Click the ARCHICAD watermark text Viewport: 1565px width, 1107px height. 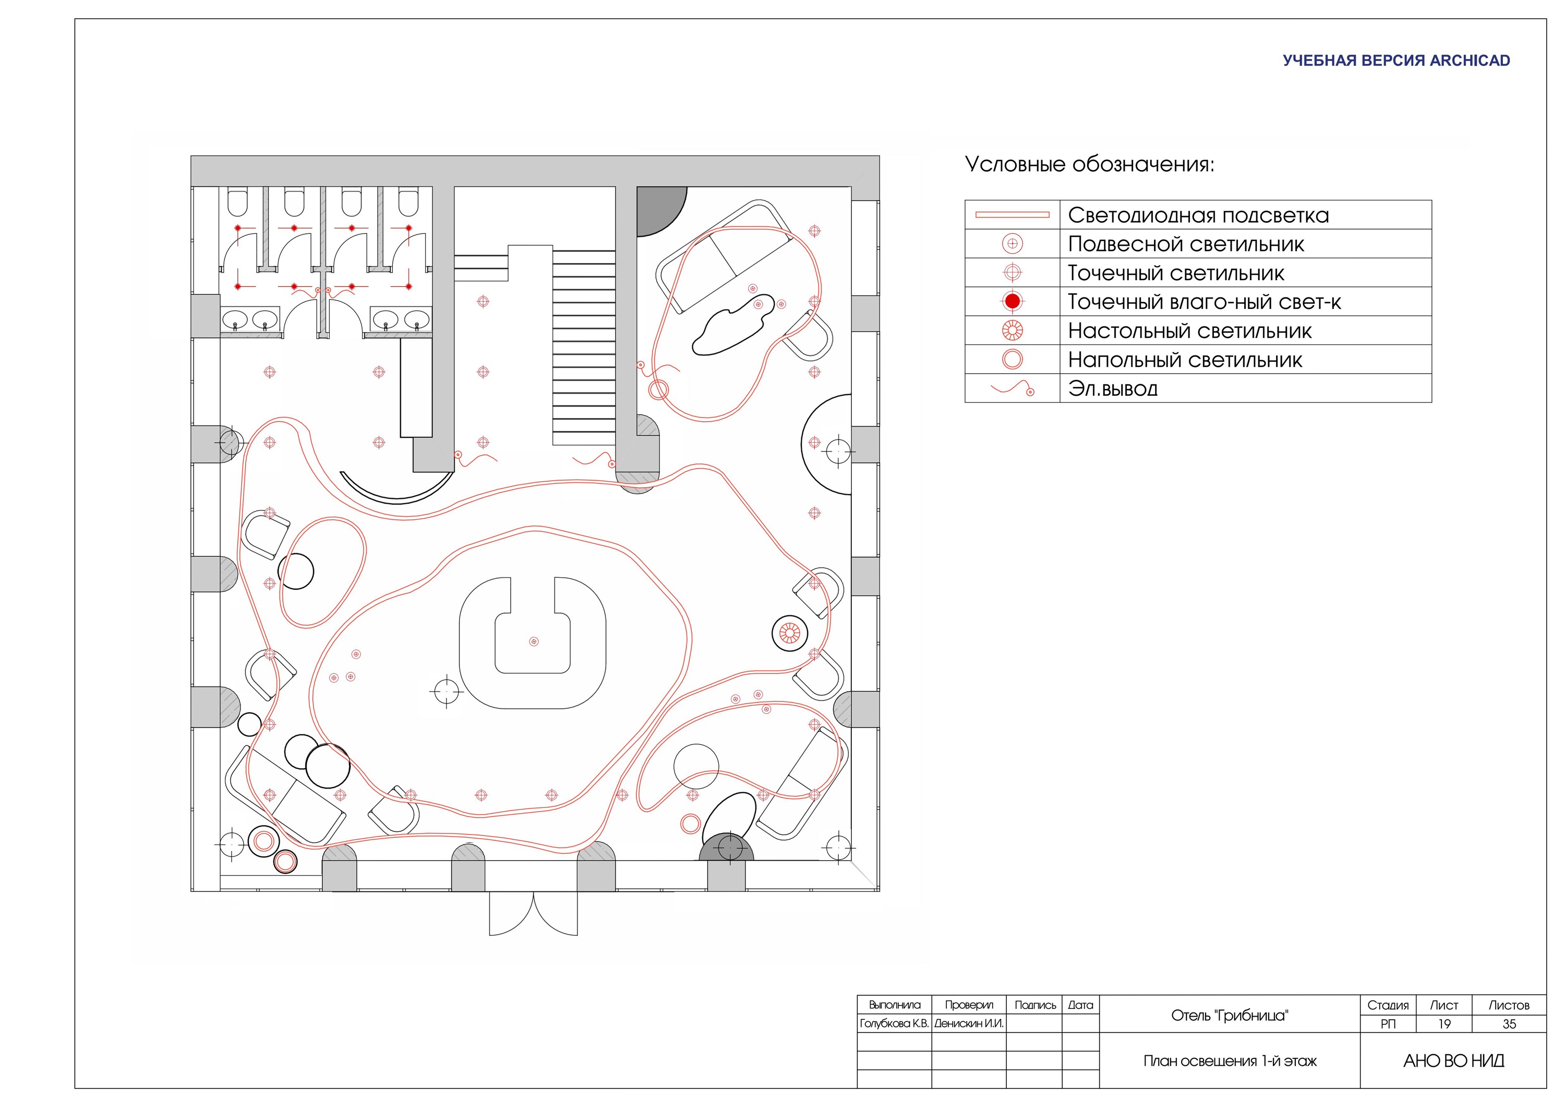1396,61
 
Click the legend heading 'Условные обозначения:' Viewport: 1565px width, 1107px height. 1089,164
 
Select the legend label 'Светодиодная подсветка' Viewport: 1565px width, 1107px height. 1198,215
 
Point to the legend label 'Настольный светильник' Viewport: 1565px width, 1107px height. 1189,331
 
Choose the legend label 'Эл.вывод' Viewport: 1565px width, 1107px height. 1112,389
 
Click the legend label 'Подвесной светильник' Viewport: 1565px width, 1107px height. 1186,244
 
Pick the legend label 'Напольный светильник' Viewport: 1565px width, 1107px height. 1185,360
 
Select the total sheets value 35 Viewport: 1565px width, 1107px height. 1509,1024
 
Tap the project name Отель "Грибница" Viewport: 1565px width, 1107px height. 1230,1016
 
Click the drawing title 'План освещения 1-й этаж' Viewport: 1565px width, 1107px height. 1230,1061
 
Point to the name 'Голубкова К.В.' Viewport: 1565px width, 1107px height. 894,1024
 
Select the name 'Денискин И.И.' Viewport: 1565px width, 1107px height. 969,1024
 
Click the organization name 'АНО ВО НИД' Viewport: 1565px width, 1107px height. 1453,1061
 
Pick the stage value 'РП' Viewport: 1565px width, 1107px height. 1388,1024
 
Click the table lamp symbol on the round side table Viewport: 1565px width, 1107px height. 789,634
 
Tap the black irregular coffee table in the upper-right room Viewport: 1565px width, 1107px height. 733,325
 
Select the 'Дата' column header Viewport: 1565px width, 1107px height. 1080,1005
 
